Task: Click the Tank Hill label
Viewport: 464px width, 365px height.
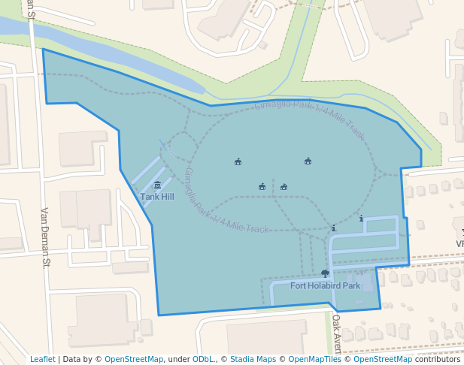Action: point(157,196)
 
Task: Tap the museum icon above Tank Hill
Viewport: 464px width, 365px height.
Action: point(157,186)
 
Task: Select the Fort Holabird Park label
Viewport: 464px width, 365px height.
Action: point(326,285)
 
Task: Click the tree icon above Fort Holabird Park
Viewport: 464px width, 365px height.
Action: point(325,274)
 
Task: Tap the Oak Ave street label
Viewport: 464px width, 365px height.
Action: point(337,333)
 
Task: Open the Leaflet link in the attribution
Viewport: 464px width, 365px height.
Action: point(43,359)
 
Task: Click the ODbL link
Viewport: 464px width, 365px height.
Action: point(203,359)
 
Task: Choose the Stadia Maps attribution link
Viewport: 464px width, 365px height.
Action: point(253,359)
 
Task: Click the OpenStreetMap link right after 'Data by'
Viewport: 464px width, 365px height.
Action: point(134,359)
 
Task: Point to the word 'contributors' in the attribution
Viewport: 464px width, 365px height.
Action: point(438,359)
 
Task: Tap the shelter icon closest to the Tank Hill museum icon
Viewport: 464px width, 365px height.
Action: point(238,161)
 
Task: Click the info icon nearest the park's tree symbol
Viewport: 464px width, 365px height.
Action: point(333,228)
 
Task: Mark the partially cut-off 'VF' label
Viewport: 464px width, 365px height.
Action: point(459,244)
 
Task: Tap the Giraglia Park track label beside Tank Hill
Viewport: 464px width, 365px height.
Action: point(226,201)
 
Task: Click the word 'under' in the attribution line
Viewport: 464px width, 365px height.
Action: point(179,359)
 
